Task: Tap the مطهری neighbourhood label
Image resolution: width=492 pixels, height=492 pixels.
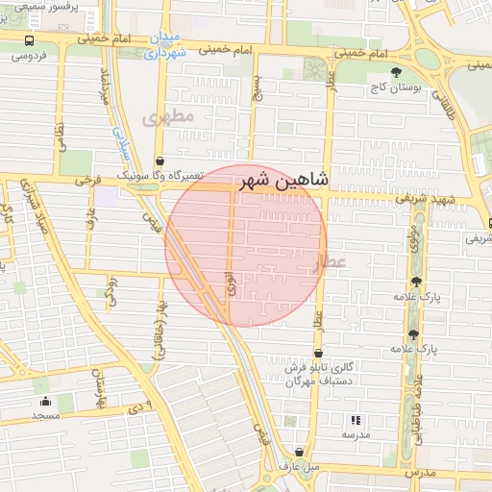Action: point(168,116)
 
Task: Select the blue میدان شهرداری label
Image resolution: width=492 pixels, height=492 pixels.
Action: point(169,47)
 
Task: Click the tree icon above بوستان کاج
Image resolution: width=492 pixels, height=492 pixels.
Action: point(396,72)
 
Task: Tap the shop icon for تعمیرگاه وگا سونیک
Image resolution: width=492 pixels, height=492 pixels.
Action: point(159,161)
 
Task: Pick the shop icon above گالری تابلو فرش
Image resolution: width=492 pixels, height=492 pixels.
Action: point(318,353)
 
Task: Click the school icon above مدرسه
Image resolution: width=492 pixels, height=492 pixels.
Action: point(356,420)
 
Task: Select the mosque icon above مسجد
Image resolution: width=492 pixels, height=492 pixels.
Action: point(45,402)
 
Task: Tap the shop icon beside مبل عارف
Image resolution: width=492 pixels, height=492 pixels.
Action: point(301,452)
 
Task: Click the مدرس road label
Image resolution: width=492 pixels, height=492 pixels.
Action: point(419,473)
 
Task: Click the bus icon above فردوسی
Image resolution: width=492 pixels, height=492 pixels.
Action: point(29,41)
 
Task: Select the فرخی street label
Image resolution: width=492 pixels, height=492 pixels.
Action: point(88,180)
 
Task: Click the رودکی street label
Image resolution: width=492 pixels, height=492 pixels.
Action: point(111,286)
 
